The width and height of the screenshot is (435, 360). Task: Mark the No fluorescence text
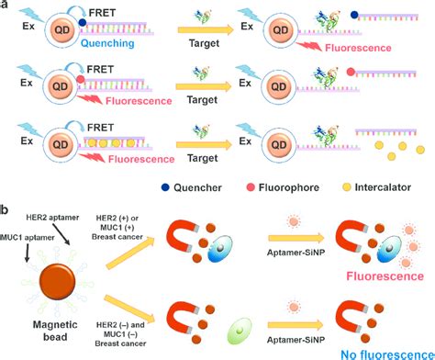coord(374,350)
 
